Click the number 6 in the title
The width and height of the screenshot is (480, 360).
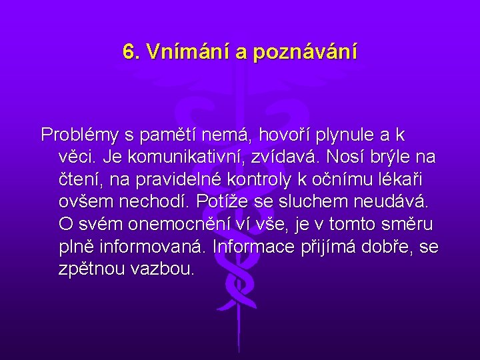(129, 51)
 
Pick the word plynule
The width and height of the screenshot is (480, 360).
(347, 135)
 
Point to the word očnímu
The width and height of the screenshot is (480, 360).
(345, 180)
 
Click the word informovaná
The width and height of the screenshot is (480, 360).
(151, 247)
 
